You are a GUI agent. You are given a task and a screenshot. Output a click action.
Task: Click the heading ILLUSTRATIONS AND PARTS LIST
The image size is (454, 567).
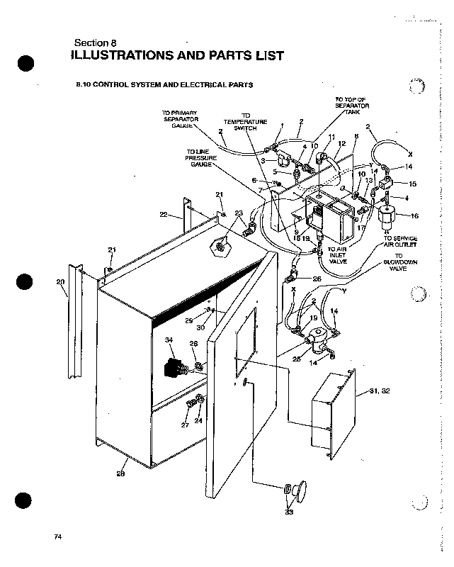click(178, 55)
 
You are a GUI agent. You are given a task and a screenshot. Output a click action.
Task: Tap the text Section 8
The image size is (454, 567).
click(99, 41)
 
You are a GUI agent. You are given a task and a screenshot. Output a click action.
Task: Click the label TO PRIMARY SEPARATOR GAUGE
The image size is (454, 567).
click(180, 118)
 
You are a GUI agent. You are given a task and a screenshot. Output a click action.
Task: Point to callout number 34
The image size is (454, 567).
click(169, 341)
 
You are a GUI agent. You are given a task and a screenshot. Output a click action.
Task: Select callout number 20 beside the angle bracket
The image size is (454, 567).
click(59, 282)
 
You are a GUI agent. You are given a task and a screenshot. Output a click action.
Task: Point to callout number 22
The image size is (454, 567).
click(163, 215)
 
